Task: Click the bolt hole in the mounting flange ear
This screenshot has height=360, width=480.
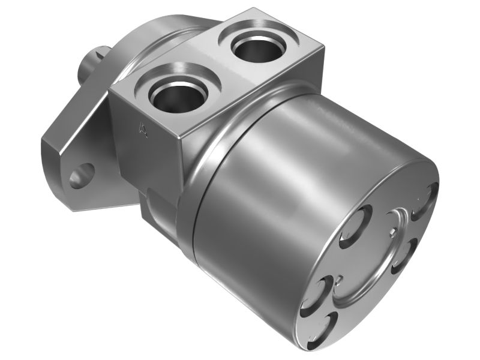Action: (x=82, y=176)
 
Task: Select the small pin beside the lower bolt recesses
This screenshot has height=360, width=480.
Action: (x=340, y=278)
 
